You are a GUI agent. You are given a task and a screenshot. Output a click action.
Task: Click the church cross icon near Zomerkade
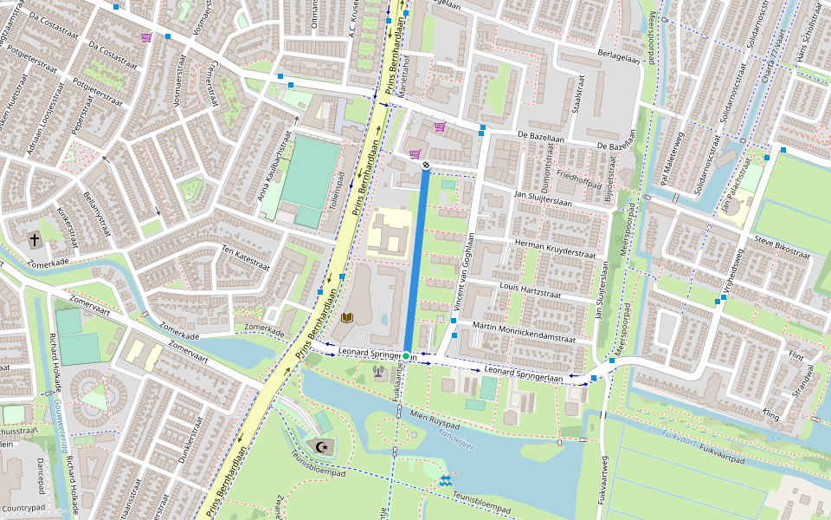(35, 238)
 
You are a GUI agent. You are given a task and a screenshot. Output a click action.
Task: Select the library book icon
(346, 319)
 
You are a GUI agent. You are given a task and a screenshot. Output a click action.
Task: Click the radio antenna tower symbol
(378, 373)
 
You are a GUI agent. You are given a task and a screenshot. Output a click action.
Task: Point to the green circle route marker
(406, 356)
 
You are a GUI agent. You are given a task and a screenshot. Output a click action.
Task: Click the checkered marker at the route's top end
(426, 165)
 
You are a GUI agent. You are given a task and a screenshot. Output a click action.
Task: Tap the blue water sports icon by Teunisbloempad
(445, 480)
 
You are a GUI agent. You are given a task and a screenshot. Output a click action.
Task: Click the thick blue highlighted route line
(415, 260)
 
